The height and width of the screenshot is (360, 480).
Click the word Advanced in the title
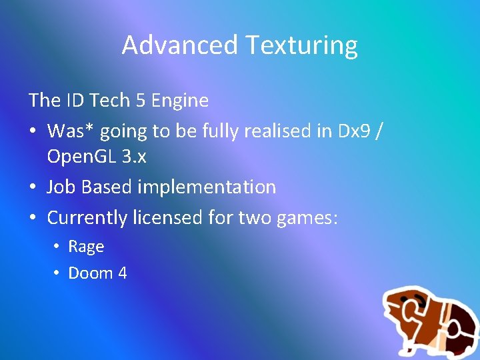pyautogui.click(x=180, y=45)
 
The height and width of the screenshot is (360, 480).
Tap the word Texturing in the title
pyautogui.click(x=301, y=45)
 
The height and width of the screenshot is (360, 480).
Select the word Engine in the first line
pyautogui.click(x=180, y=101)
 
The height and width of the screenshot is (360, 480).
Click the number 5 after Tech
pyautogui.click(x=141, y=101)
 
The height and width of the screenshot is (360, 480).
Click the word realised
pyautogui.click(x=278, y=131)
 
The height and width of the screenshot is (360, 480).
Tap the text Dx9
pyautogui.click(x=350, y=131)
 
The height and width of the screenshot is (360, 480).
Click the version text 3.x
pyautogui.click(x=133, y=157)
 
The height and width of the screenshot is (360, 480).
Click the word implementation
pyautogui.click(x=207, y=187)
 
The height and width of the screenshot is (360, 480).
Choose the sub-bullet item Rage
pyautogui.click(x=86, y=247)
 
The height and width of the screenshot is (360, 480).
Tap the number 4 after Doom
pyautogui.click(x=122, y=273)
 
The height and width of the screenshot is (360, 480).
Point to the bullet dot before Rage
pyautogui.click(x=57, y=247)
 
